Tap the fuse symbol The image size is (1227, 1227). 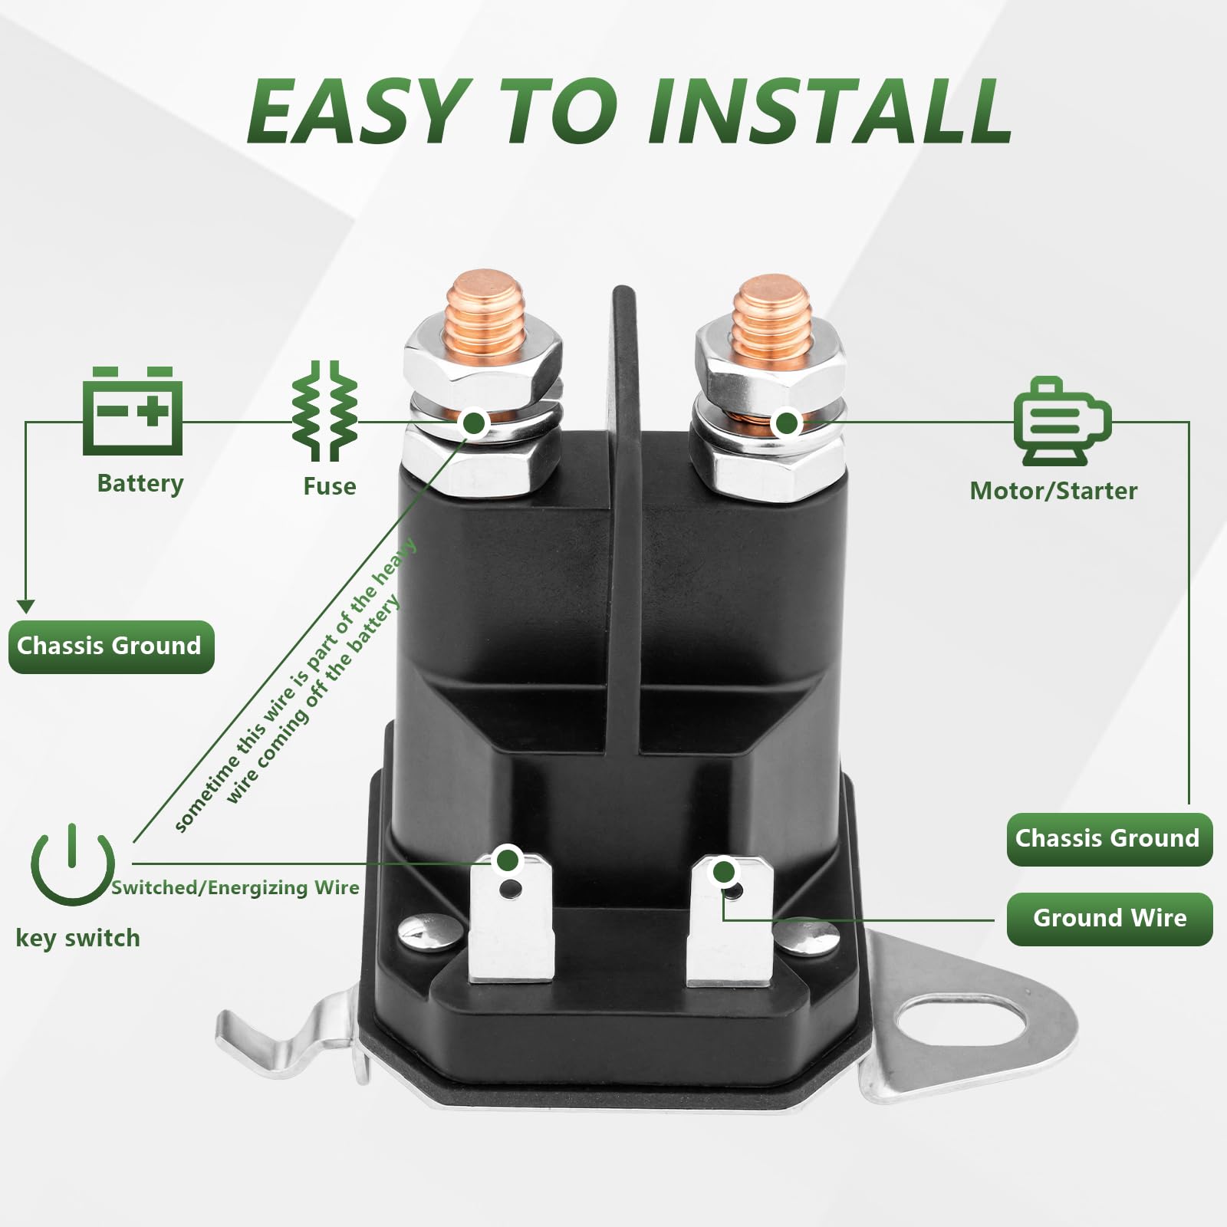pos(324,411)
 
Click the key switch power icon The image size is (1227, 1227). pos(73,865)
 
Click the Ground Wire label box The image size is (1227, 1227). pos(1110,918)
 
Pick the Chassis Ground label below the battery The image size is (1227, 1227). pos(111,646)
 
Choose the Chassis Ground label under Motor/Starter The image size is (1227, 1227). pos(1110,839)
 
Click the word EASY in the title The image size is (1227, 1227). pos(358,112)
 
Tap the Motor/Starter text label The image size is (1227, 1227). pos(1054,491)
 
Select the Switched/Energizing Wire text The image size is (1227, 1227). pos(235,888)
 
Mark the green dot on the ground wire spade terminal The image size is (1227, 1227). pos(723,872)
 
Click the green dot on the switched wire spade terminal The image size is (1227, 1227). pos(507,860)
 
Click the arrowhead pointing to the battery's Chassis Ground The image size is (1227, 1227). pos(26,607)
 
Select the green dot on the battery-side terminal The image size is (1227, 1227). pos(475,422)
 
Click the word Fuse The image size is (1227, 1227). pos(330,486)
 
